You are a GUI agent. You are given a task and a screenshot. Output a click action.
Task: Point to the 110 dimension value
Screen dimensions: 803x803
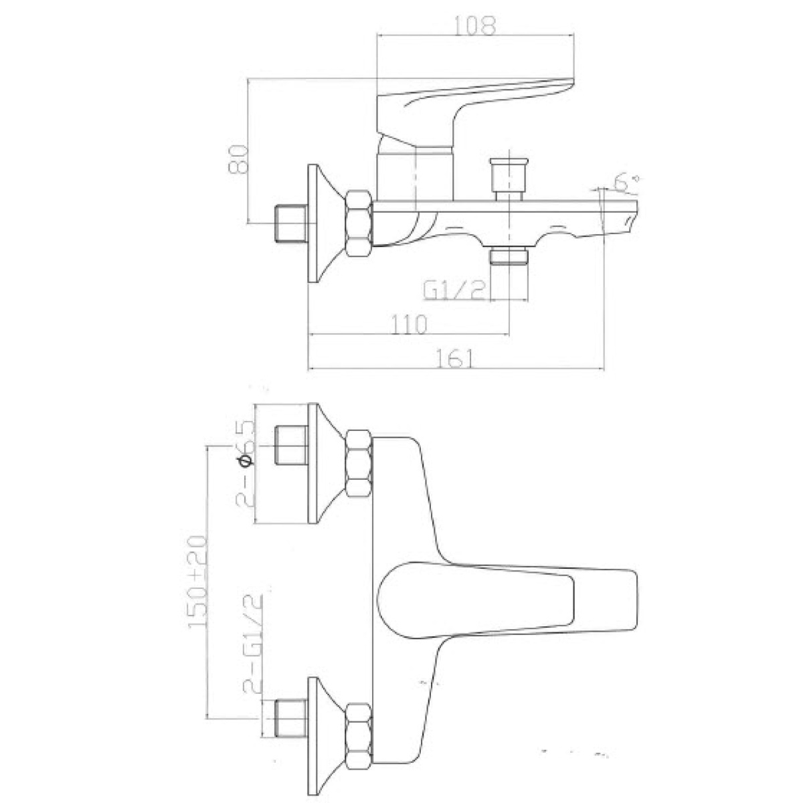(x=409, y=324)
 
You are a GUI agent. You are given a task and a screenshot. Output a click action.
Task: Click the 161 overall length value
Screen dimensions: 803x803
(x=456, y=358)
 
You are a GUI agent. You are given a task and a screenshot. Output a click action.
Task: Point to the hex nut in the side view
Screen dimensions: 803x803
(x=359, y=224)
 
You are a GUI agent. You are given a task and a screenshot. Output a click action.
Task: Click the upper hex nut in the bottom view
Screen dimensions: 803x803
(x=359, y=463)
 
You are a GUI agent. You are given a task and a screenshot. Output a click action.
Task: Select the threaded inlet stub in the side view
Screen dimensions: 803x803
(x=291, y=224)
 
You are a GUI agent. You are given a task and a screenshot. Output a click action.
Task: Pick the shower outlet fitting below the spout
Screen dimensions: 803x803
(x=509, y=256)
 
